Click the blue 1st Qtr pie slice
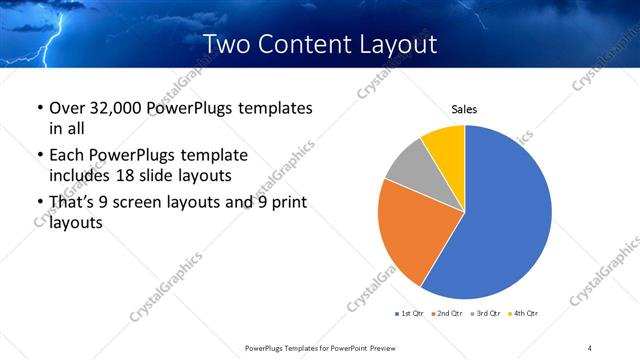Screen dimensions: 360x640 505,220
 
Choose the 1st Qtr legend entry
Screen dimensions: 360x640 411,314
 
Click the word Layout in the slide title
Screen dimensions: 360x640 390,45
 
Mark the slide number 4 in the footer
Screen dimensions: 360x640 590,348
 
